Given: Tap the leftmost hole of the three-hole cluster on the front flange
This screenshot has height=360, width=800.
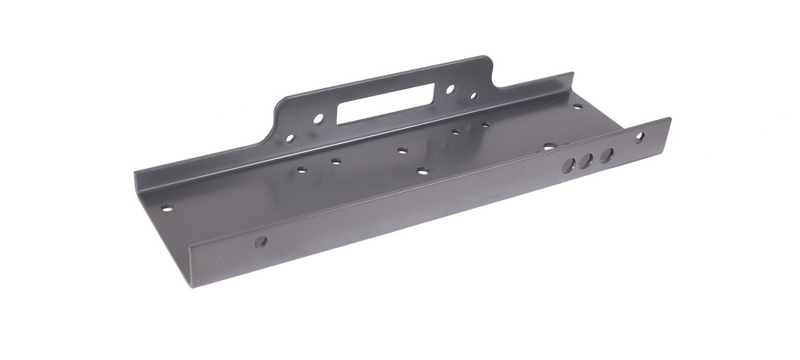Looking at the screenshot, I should (569, 164).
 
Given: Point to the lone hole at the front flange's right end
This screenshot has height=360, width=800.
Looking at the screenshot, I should (640, 137).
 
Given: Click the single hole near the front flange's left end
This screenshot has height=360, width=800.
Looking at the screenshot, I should (260, 240).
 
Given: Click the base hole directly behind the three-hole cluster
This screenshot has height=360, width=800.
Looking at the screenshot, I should (549, 147).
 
